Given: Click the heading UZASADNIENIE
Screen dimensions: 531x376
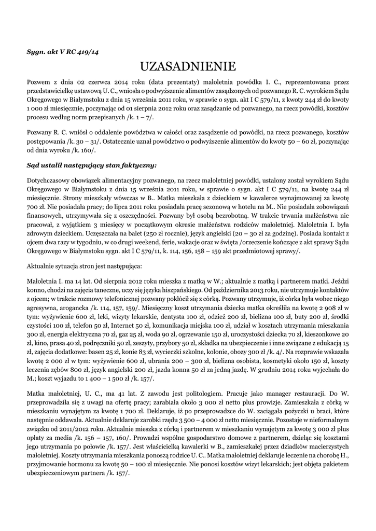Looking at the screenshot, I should point(188,66).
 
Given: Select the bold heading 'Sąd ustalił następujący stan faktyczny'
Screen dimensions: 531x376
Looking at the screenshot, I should point(91,165).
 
